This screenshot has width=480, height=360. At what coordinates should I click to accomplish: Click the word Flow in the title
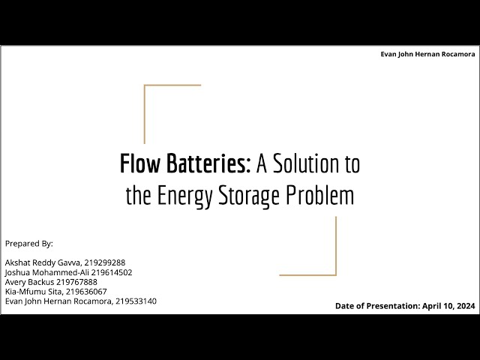pyautogui.click(x=138, y=163)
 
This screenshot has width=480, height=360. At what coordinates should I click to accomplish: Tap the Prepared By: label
pyautogui.click(x=29, y=244)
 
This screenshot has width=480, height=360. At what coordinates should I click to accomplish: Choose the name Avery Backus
pyautogui.click(x=28, y=282)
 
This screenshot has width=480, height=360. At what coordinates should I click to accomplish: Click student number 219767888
pyautogui.click(x=76, y=282)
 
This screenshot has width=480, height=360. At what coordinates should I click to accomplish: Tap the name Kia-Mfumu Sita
pyautogui.click(x=31, y=292)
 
